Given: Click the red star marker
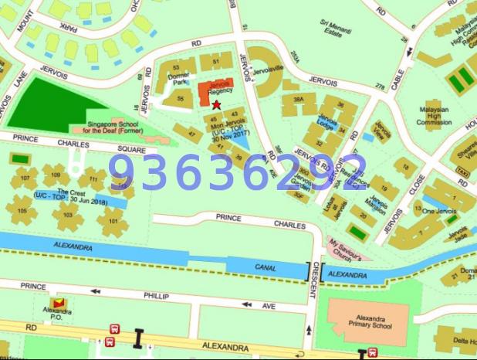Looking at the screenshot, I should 216,104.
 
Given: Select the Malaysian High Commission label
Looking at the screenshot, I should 434,116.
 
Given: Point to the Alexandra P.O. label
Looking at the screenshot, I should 57,311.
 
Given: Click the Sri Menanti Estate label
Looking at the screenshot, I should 336,29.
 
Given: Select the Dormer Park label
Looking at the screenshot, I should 180,79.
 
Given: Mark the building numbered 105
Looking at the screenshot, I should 23,211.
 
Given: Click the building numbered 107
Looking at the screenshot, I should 24,178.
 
